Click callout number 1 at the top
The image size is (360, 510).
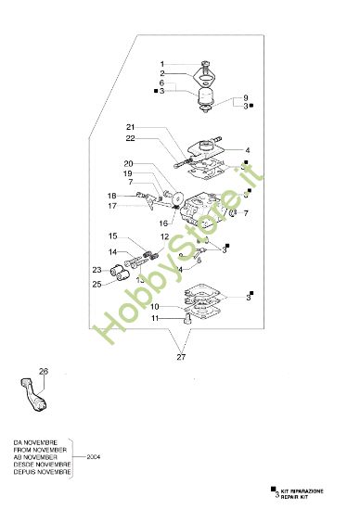(x=161, y=63)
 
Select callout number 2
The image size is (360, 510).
(x=161, y=73)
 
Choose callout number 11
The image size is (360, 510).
(x=157, y=318)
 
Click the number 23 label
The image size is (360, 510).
(x=96, y=271)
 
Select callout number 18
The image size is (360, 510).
(x=110, y=196)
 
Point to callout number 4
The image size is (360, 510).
(x=248, y=150)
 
